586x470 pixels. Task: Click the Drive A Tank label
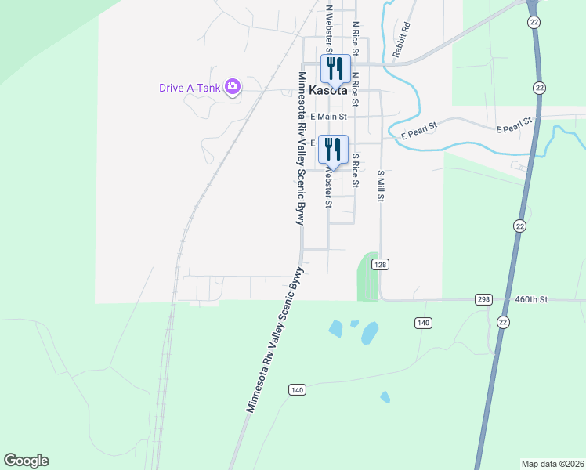(x=190, y=88)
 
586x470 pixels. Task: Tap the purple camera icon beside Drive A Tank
(x=232, y=87)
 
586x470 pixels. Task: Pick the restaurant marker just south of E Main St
(x=333, y=149)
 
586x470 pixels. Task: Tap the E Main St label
(x=329, y=117)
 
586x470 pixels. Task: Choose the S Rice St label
(x=355, y=171)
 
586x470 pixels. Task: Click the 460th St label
(x=533, y=299)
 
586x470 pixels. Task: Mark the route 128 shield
(x=380, y=265)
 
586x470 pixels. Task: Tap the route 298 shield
(x=483, y=299)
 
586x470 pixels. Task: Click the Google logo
(x=26, y=461)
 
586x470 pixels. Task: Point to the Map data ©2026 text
(x=552, y=464)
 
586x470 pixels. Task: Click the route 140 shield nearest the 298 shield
(x=423, y=323)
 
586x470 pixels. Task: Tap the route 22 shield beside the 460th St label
(x=502, y=323)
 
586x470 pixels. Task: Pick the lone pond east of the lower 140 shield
(x=385, y=397)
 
